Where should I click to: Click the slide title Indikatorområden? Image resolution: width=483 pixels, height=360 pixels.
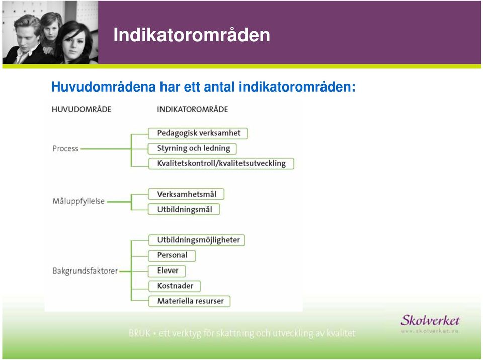pyautogui.click(x=192, y=35)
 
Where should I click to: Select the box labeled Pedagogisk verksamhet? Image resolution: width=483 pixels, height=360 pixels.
pyautogui.click(x=198, y=133)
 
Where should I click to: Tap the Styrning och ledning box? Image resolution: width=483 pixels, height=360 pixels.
pyautogui.click(x=192, y=149)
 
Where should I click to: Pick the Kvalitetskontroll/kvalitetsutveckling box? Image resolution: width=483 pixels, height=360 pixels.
pyautogui.click(x=221, y=164)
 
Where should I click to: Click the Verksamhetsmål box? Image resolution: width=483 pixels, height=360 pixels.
pyautogui.click(x=186, y=194)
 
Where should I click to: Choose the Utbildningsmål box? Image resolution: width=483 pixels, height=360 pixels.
pyautogui.click(x=184, y=209)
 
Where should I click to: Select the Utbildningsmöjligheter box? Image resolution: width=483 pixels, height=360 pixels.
pyautogui.click(x=197, y=240)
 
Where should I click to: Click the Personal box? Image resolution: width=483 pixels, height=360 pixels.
pyautogui.click(x=172, y=255)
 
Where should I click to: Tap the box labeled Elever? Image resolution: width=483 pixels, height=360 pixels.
pyautogui.click(x=167, y=271)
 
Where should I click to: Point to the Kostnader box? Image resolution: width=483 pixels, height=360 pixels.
pyautogui.click(x=175, y=286)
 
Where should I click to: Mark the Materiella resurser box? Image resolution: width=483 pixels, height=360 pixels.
pyautogui.click(x=190, y=301)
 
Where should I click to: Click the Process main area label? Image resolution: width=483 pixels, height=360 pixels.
pyautogui.click(x=65, y=149)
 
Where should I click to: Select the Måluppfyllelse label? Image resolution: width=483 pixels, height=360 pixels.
pyautogui.click(x=78, y=201)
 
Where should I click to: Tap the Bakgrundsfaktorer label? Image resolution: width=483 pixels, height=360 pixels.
pyautogui.click(x=85, y=271)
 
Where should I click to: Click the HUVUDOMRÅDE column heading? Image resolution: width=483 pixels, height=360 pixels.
pyautogui.click(x=82, y=109)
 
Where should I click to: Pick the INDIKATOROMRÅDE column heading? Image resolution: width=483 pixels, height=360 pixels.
pyautogui.click(x=193, y=109)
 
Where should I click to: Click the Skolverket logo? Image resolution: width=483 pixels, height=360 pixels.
pyautogui.click(x=430, y=323)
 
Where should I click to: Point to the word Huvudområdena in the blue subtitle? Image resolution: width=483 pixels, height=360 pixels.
pyautogui.click(x=103, y=87)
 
